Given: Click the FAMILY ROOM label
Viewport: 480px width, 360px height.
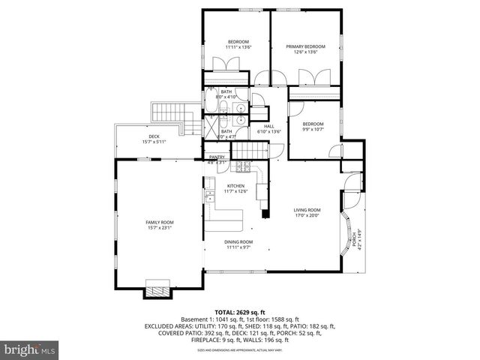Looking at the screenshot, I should [x=159, y=222].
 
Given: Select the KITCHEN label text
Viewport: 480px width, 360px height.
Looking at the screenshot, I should [x=236, y=184].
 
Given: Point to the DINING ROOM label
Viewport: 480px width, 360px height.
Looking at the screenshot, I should [x=239, y=241].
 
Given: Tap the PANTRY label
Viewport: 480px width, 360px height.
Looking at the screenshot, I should [x=217, y=157].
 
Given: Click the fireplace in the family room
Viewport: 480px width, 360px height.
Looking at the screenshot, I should [x=157, y=289].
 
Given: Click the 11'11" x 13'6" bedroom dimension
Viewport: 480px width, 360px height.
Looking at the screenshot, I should [x=238, y=47].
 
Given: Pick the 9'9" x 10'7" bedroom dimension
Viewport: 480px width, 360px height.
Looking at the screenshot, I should [x=313, y=130].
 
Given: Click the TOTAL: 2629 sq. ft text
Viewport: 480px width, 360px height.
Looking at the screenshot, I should [x=239, y=311].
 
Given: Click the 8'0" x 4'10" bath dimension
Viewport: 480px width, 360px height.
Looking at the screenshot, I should [x=226, y=97].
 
